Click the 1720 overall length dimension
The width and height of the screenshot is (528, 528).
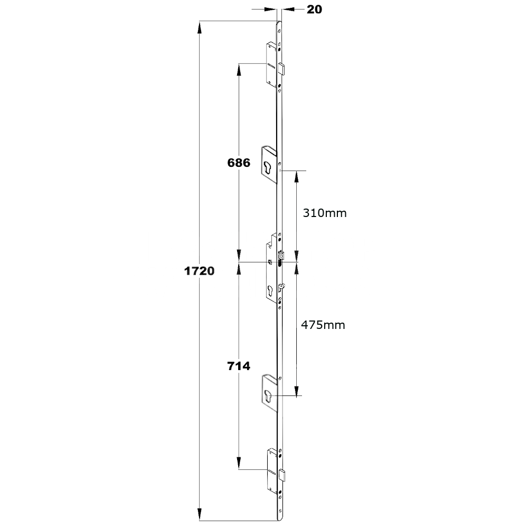[x=199, y=271]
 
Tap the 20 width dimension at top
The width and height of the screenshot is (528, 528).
[x=314, y=10]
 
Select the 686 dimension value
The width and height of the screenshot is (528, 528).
[x=239, y=163]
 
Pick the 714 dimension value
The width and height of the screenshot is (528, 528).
[x=239, y=365]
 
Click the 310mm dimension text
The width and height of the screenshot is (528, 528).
[x=324, y=213]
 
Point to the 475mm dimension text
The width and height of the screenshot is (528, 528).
[x=323, y=325]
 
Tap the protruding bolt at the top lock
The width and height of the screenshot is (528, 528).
[x=282, y=68]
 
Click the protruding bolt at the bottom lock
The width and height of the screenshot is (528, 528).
[x=282, y=475]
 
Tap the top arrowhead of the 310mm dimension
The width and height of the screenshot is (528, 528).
[x=297, y=176]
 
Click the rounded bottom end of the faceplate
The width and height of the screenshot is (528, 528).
[x=280, y=516]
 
